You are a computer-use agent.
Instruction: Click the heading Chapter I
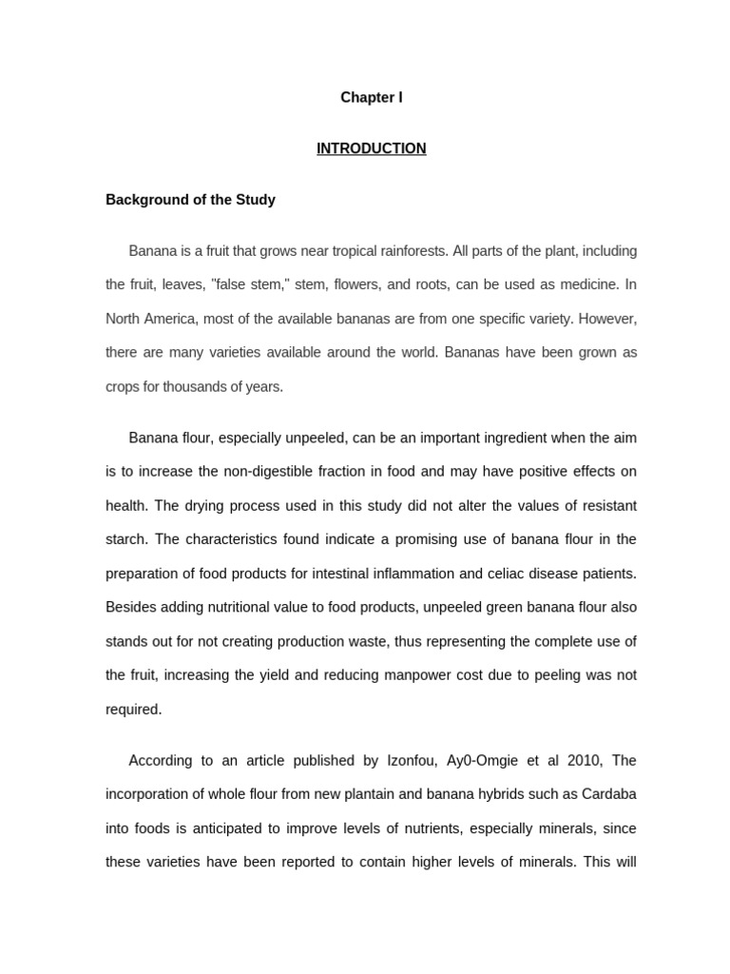coord(372,98)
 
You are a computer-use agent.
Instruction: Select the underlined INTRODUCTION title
coord(372,148)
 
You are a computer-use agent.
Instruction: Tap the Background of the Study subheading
coord(190,200)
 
